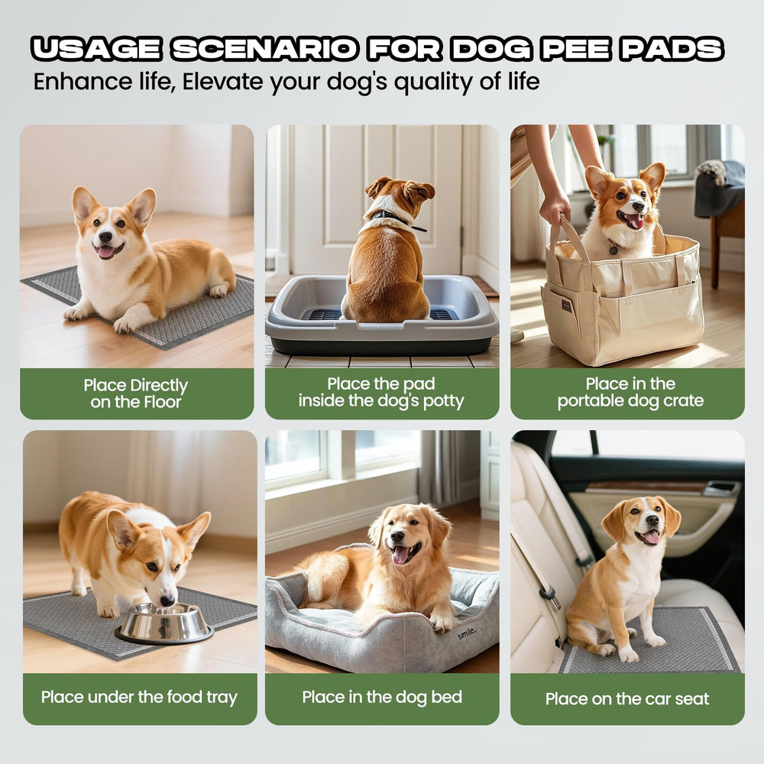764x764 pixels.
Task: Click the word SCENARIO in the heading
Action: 264,50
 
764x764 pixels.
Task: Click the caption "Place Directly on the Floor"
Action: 136,393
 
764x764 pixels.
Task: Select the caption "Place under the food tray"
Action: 139,697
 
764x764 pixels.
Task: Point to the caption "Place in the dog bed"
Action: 382,697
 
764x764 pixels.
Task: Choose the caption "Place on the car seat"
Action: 627,698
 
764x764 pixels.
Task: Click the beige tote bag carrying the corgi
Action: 623,306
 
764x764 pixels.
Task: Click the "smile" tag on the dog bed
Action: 466,631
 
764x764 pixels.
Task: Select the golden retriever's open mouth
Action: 402,554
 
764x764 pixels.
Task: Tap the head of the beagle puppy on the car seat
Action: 640,520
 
